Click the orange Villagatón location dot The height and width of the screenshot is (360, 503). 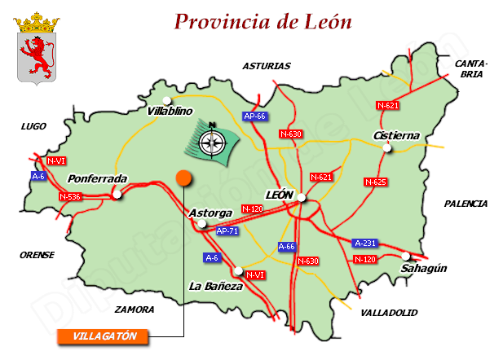tap(183, 178)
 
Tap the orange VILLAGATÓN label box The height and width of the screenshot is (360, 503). tap(103, 336)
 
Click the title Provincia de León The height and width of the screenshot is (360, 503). tap(263, 21)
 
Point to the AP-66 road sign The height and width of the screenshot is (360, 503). tap(255, 116)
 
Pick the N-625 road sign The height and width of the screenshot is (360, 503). tap(375, 182)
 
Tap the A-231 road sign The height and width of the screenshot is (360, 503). tap(365, 243)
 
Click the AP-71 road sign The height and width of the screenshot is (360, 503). tap(227, 231)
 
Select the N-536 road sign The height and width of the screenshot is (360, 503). tap(70, 196)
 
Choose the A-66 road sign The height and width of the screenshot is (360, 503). tap(286, 246)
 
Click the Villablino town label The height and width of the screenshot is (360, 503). tap(169, 110)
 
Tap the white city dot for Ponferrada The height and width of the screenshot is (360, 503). tap(117, 194)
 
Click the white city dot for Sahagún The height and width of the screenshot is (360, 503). tap(406, 256)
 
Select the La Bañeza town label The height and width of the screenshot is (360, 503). tap(215, 286)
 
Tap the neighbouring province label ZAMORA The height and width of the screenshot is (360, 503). tap(135, 310)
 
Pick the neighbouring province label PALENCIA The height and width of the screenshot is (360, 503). tap(465, 204)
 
